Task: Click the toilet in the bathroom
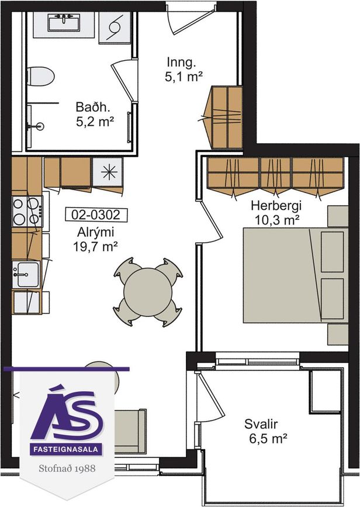click(40, 76)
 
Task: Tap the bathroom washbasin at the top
click(64, 23)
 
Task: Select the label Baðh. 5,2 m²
click(95, 114)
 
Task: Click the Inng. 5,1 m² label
click(184, 69)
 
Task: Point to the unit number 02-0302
click(96, 215)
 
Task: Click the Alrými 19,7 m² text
click(95, 239)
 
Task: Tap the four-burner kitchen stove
click(27, 212)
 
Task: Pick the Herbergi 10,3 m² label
click(276, 213)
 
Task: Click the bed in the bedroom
click(295, 275)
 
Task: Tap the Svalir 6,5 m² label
click(266, 432)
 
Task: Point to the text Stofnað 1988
click(67, 468)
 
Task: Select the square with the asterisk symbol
click(108, 172)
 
